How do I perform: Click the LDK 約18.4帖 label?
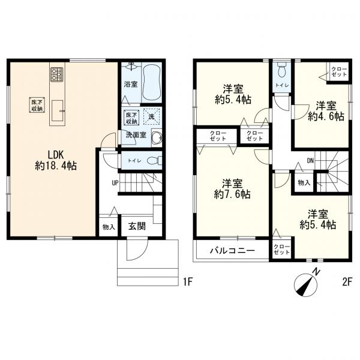[56, 160]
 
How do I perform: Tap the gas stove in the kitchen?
[57, 74]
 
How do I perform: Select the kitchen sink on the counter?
[57, 110]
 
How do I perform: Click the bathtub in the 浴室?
[151, 83]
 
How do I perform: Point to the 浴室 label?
[131, 84]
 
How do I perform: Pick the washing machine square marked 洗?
[151, 116]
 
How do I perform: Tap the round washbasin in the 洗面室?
[157, 138]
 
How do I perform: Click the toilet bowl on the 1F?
[154, 160]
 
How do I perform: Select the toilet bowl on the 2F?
[281, 70]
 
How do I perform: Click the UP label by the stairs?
[115, 183]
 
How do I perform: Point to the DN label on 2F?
[310, 161]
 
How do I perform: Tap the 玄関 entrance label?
[137, 226]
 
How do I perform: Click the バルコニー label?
[232, 250]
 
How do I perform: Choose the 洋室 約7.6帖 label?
[232, 189]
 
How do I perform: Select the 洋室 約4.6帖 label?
[326, 111]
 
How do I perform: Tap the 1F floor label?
[187, 282]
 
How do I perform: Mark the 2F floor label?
[347, 282]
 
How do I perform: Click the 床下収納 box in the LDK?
[37, 105]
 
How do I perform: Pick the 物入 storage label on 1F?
[109, 227]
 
